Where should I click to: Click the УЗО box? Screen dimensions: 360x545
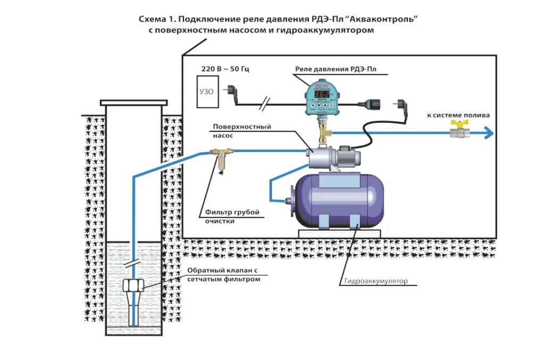(x=207, y=92)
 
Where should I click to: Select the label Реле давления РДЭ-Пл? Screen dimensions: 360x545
(x=337, y=70)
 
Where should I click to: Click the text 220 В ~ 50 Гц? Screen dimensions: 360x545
(x=216, y=70)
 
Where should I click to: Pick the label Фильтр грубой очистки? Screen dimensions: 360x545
(x=232, y=216)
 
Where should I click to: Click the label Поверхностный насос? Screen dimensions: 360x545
(x=242, y=131)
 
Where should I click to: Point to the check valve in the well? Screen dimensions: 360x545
(x=134, y=288)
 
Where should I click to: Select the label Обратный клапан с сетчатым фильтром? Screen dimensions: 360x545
(x=224, y=275)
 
